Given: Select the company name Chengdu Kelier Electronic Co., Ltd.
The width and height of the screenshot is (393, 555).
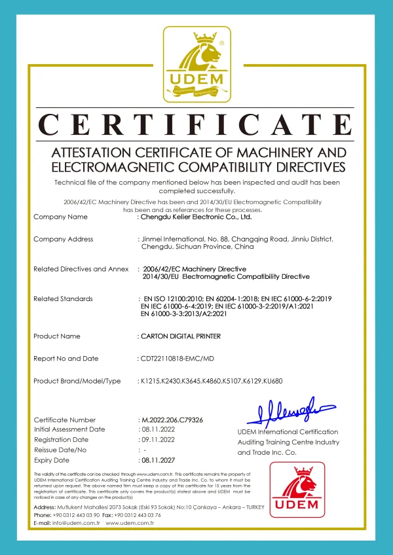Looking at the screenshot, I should point(196,217).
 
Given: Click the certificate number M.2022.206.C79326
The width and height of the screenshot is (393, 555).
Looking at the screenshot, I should point(172,420).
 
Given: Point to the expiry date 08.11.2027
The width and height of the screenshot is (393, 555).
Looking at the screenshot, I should point(157,460).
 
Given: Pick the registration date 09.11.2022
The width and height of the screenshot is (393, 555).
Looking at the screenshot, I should point(157,440).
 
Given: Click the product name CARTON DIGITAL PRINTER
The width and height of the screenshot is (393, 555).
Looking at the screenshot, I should point(181,336).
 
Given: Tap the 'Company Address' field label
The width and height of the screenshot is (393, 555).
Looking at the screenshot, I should point(63,240).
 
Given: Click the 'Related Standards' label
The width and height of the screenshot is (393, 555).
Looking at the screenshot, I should point(63,299).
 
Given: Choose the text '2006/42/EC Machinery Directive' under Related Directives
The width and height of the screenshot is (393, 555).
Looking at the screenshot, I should point(195,269).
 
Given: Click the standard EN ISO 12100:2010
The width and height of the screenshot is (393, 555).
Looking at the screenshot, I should point(172,299).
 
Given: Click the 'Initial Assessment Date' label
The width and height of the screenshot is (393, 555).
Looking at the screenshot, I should point(69,429).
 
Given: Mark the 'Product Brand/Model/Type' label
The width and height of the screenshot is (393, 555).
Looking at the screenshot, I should point(77,381).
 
